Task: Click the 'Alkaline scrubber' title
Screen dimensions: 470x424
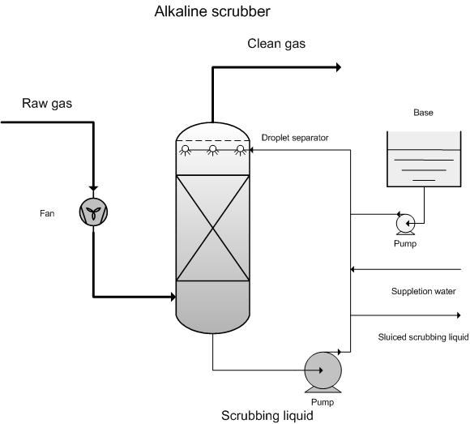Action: pyautogui.click(x=212, y=11)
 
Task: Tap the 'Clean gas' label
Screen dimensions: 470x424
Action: pyautogui.click(x=276, y=44)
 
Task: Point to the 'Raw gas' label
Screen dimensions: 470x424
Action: pyautogui.click(x=47, y=104)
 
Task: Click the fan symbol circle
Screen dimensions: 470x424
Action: pyautogui.click(x=93, y=212)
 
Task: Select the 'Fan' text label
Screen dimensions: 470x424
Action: pyautogui.click(x=47, y=213)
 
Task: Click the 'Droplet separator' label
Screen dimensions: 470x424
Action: pyautogui.click(x=295, y=138)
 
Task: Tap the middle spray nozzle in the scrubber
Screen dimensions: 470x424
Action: pyautogui.click(x=213, y=150)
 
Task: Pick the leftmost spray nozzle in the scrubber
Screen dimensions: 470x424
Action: pyautogui.click(x=186, y=150)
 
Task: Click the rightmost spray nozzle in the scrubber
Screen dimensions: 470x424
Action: pyautogui.click(x=241, y=150)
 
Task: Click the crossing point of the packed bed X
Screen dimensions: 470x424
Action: pyautogui.click(x=213, y=229)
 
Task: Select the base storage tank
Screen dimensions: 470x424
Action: pyautogui.click(x=424, y=159)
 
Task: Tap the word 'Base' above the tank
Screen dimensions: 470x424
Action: pyautogui.click(x=423, y=113)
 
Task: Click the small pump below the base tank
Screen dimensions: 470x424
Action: pyautogui.click(x=405, y=224)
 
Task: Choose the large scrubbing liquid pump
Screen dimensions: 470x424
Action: pyautogui.click(x=323, y=372)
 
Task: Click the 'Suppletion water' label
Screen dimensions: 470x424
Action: pyautogui.click(x=424, y=292)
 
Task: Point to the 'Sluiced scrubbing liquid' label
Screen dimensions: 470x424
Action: pyautogui.click(x=423, y=337)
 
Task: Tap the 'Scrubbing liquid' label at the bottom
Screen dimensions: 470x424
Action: pyautogui.click(x=267, y=416)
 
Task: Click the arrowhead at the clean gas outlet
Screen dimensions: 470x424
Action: pyautogui.click(x=339, y=67)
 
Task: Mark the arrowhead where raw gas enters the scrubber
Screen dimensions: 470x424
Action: pyautogui.click(x=173, y=297)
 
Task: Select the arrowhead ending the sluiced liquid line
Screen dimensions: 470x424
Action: pyautogui.click(x=459, y=315)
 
